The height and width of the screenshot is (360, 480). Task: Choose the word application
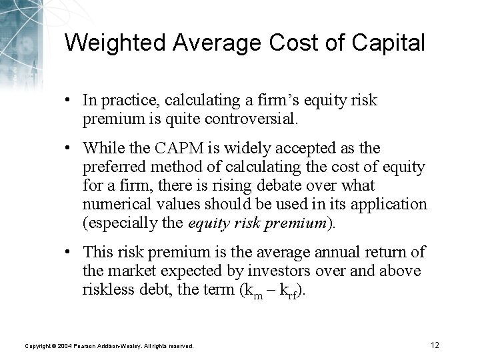click(x=393, y=203)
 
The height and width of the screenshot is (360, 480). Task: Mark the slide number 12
click(x=435, y=345)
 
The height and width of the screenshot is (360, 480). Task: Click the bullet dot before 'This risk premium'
click(x=69, y=251)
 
